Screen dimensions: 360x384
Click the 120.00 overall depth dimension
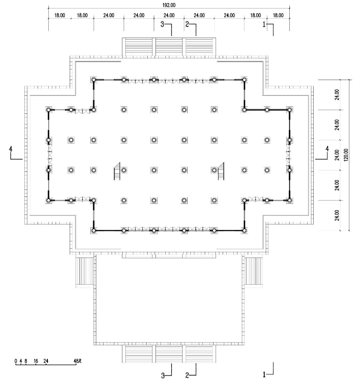pos(346,155)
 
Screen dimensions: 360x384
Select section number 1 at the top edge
pos(264,25)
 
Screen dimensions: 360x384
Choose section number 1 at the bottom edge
pos(264,375)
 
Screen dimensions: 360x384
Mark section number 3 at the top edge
pos(162,24)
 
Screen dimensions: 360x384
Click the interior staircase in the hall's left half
pos(117,171)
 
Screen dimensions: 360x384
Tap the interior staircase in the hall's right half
pos(221,171)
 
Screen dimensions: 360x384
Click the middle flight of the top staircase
pos(169,47)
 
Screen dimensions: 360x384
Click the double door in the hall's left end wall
pos(49,155)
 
